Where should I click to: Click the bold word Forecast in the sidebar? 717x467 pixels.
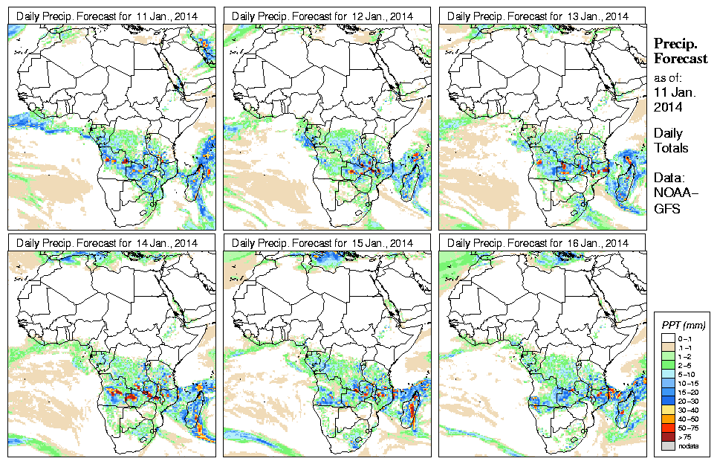[x=680, y=59]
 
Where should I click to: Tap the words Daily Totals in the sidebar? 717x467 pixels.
[x=671, y=141]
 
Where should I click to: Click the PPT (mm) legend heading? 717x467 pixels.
[x=683, y=325]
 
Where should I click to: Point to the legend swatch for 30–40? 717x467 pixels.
[x=667, y=409]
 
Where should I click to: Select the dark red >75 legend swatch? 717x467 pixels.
[x=667, y=436]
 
